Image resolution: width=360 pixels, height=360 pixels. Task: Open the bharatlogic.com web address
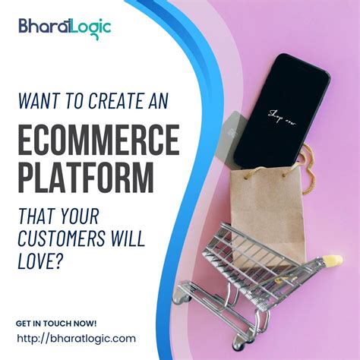pos(76,339)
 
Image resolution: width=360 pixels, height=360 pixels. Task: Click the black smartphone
pos(280,114)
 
